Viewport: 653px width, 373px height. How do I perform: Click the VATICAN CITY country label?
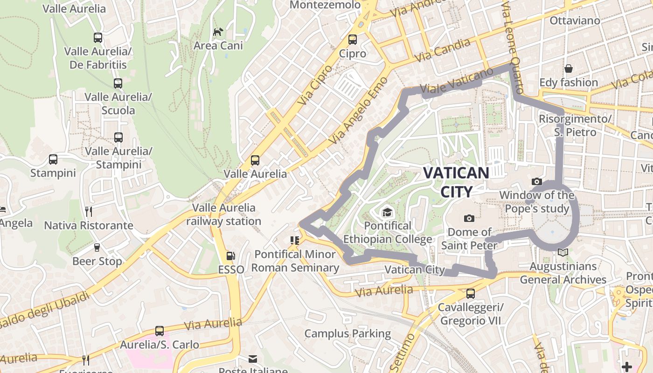coord(456,182)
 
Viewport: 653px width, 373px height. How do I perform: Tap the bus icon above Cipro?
coord(353,40)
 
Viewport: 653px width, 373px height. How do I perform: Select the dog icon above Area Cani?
coord(218,32)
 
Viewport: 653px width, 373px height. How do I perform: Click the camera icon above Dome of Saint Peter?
coord(469,218)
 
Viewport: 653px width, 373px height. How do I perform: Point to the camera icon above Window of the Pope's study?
coord(537,181)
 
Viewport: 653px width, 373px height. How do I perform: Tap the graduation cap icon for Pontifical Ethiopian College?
coord(387,213)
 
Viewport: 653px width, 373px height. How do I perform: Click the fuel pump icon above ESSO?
coord(230,256)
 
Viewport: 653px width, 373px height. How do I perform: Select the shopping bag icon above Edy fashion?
coord(569,69)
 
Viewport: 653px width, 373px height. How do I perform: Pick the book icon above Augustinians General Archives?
coord(563,252)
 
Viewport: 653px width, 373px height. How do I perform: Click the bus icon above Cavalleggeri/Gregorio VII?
coord(471,294)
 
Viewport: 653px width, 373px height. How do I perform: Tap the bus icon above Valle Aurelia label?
coord(255,160)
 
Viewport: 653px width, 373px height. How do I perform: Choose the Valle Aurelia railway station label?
coord(224,214)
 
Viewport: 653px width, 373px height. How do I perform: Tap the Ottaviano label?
coord(575,21)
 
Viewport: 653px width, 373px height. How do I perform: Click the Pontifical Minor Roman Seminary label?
coord(295,261)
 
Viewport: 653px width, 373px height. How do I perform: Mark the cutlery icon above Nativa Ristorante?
coord(89,212)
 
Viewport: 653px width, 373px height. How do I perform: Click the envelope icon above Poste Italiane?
coord(253,359)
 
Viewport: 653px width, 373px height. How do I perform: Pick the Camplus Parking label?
coord(347,334)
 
